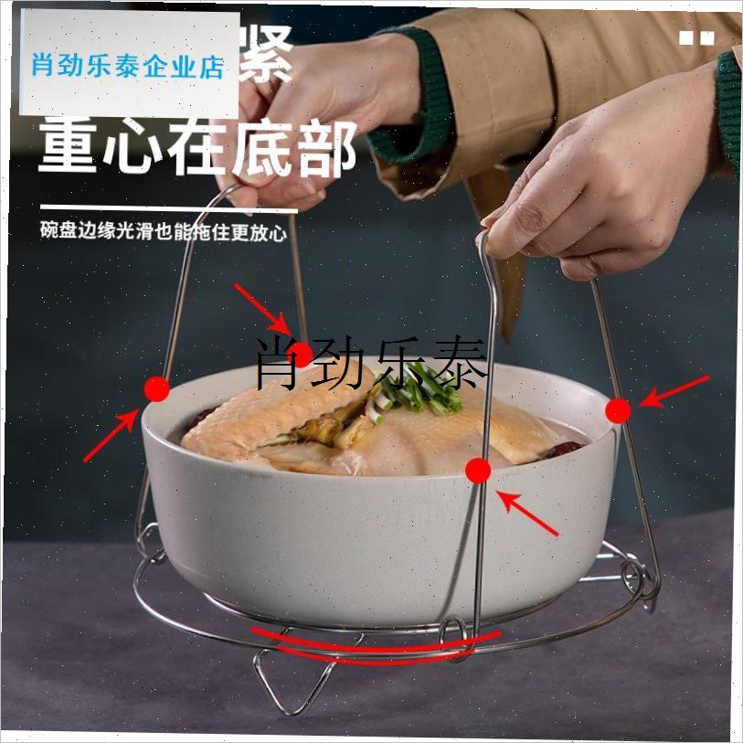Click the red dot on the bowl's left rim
click(157, 389)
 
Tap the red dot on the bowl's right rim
click(619, 411)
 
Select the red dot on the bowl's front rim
click(478, 471)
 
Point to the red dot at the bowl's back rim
click(302, 355)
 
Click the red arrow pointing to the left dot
click(111, 436)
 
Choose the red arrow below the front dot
click(527, 513)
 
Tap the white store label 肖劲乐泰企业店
click(128, 65)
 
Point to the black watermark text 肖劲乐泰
click(370, 362)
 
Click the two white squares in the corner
click(696, 37)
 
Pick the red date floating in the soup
click(565, 448)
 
